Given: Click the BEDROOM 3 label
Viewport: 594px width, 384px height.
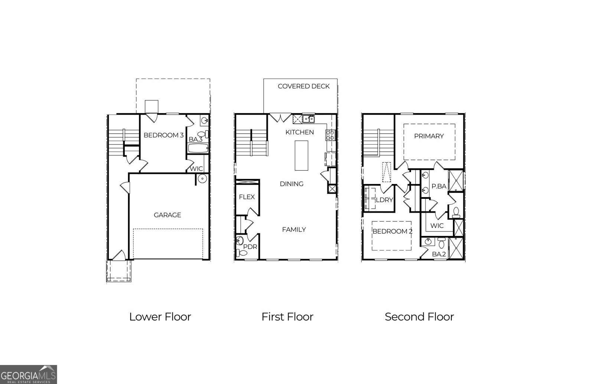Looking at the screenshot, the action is [163, 135].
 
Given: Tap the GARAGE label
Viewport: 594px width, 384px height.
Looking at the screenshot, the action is [167, 215].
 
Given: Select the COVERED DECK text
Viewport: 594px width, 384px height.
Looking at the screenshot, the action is [304, 86].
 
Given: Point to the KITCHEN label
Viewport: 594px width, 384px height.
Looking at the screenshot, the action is [300, 132].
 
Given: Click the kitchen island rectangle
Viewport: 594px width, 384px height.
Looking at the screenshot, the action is [301, 155].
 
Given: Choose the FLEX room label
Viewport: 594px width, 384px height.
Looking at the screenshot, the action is [247, 197].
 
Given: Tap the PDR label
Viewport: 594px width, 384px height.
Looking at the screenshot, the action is [250, 247].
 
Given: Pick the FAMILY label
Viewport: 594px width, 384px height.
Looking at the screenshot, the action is [294, 230].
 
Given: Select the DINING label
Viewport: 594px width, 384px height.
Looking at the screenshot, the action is [292, 184].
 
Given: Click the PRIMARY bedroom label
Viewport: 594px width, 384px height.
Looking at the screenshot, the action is [429, 136].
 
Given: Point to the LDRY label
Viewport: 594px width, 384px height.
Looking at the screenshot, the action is [385, 200].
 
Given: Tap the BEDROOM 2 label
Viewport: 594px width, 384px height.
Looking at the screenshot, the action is [392, 232].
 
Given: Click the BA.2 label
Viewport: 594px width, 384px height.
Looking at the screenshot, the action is [439, 254].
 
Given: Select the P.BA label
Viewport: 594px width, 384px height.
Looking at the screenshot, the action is [439, 186].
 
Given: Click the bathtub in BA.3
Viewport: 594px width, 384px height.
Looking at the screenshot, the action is [198, 149].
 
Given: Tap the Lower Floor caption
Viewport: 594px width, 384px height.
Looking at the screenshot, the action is [160, 317].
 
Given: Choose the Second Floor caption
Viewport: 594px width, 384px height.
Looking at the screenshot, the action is [419, 317].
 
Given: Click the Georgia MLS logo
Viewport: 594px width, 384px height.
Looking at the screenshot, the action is [28, 374].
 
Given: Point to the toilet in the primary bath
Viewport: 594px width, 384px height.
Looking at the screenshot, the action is [456, 213].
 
